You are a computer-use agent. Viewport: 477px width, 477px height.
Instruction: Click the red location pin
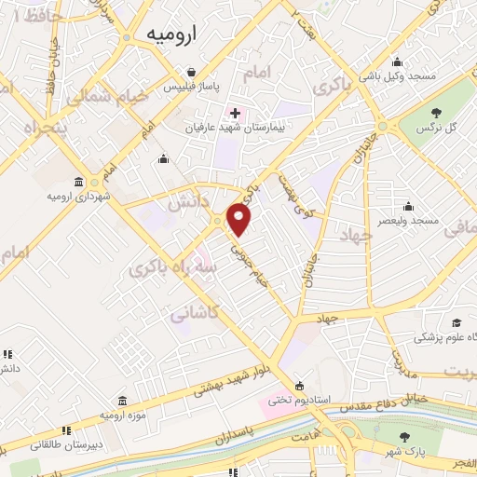pyautogui.click(x=240, y=219)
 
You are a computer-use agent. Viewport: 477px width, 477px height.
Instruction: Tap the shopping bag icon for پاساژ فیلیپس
pyautogui.click(x=191, y=72)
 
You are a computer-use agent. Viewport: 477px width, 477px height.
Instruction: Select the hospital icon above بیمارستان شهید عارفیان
pyautogui.click(x=235, y=114)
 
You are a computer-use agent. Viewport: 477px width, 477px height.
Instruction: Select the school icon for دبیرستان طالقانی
pyautogui.click(x=66, y=430)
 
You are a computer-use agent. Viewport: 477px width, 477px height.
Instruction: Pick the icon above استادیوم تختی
pyautogui.click(x=299, y=385)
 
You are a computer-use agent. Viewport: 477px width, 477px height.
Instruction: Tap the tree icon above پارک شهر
pyautogui.click(x=403, y=437)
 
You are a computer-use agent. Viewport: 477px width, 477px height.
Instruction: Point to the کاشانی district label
pyautogui.click(x=195, y=316)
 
